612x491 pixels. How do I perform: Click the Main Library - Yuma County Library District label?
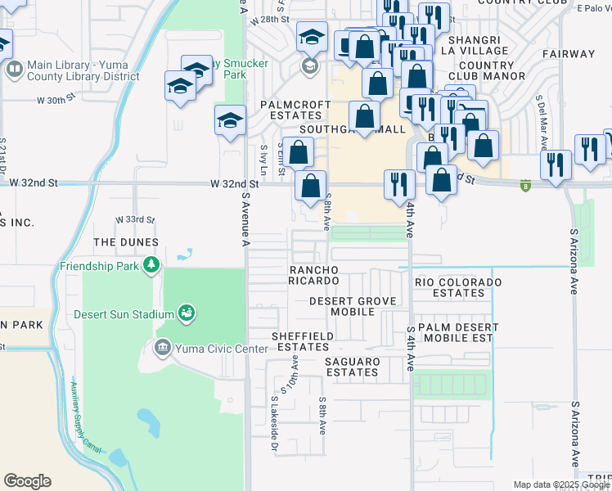(x=83, y=71)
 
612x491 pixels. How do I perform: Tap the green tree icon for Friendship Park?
(x=151, y=264)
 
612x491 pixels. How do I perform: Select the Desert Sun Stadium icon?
(x=187, y=313)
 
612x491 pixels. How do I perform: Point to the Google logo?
(x=27, y=481)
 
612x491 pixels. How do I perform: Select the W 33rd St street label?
(x=135, y=220)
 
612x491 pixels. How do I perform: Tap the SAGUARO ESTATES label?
(x=352, y=367)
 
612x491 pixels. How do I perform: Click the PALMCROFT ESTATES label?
(x=295, y=110)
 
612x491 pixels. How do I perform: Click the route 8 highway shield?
(x=524, y=186)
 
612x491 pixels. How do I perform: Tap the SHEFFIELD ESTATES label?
(x=303, y=341)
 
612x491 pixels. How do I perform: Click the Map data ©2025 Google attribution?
(x=561, y=484)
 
